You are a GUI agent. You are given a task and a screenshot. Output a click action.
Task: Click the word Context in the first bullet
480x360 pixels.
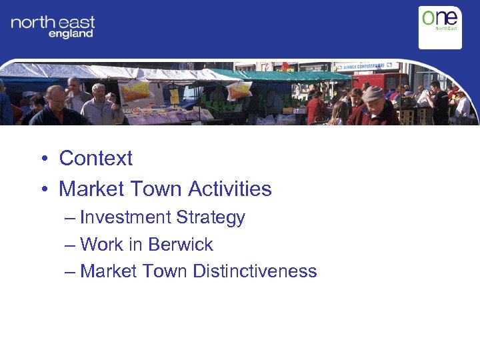coord(95,159)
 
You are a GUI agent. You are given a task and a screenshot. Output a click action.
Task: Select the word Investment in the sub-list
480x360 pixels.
coord(125,218)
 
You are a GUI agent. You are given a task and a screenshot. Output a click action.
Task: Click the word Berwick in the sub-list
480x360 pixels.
coord(180,245)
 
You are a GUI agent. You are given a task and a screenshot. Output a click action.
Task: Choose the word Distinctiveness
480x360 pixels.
coord(255,271)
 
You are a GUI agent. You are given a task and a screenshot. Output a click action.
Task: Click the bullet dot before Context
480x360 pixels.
coord(42,159)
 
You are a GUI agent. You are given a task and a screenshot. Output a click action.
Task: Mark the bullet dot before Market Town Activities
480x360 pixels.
coord(42,190)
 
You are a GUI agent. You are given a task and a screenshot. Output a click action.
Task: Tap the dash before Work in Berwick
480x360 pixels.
coord(71,245)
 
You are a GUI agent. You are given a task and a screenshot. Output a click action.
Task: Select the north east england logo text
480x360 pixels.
coord(53,27)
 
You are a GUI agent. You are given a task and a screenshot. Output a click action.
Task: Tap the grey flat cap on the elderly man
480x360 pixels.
coord(373,93)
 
